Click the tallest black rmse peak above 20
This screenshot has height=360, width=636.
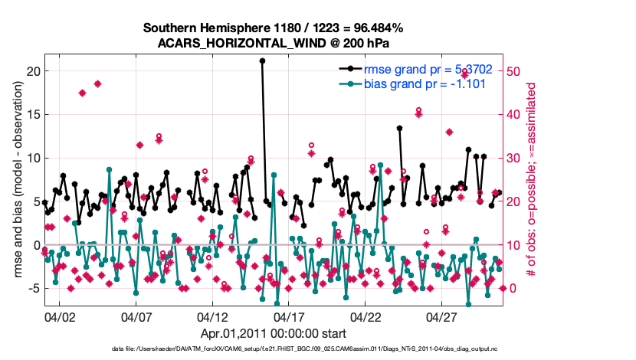tap(262, 60)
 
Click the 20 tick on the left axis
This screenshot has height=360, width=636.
tap(32, 71)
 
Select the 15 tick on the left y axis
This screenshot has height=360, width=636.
tap(32, 115)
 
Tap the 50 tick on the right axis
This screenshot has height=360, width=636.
tap(515, 71)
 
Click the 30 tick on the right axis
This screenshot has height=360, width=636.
tap(515, 159)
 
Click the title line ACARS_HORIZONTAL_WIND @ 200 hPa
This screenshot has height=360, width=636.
tap(274, 42)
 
